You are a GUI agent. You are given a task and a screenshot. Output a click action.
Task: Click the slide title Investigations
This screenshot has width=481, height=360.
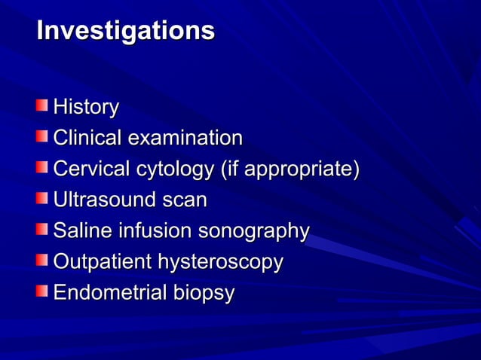(125, 32)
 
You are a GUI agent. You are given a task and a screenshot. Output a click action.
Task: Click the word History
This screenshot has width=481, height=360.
(85, 108)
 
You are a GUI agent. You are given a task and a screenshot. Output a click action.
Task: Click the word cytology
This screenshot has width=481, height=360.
(173, 170)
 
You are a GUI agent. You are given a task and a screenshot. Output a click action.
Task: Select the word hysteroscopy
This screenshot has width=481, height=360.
(219, 263)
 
